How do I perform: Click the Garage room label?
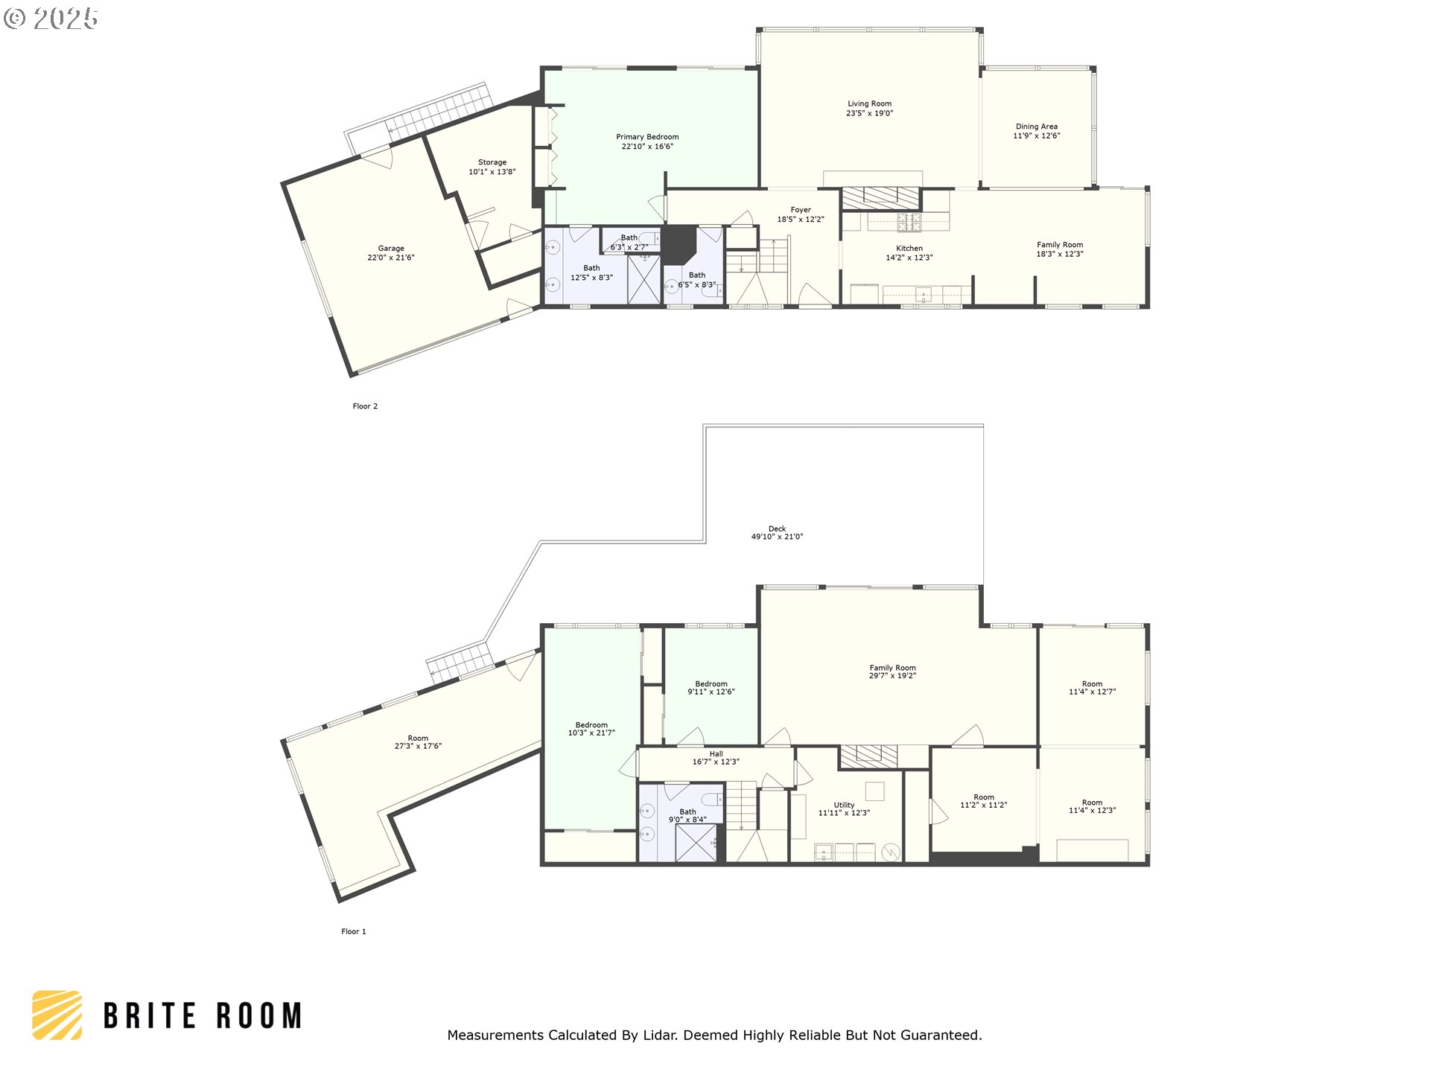[x=391, y=249]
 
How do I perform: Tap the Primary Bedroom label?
[x=647, y=137]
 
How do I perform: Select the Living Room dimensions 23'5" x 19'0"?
[x=869, y=114]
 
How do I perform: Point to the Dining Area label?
[x=1037, y=127]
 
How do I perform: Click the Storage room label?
[x=492, y=162]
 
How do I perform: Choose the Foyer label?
[x=801, y=210]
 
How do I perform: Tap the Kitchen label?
[x=909, y=249]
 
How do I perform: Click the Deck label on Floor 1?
[x=777, y=529]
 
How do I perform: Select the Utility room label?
[x=844, y=805]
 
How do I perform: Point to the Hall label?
[x=716, y=754]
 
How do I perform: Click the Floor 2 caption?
[x=365, y=406]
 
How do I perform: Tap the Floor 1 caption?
[x=354, y=931]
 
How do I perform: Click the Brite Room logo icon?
[x=57, y=1015]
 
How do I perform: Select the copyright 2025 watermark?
[x=51, y=19]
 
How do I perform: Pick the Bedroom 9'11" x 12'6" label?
[x=711, y=688]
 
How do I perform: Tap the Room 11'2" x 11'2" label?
[x=984, y=801]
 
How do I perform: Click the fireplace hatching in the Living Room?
[x=880, y=197]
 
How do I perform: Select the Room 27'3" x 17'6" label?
[x=418, y=742]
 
